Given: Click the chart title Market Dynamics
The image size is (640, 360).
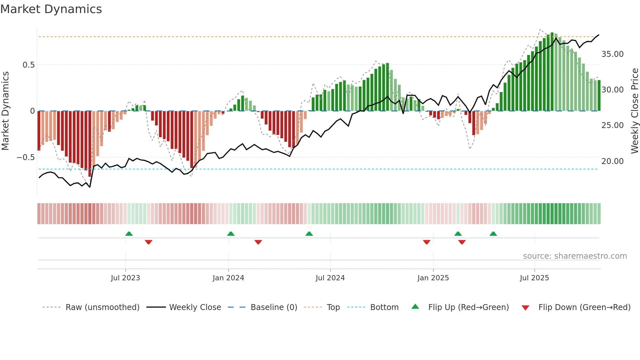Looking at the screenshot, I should [x=51, y=9].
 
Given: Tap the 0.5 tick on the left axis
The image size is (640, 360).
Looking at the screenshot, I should [x=28, y=65].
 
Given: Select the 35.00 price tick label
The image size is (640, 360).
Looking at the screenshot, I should [x=612, y=54].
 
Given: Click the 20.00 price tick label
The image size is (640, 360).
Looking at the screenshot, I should [x=612, y=161].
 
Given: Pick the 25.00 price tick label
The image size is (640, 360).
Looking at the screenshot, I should [x=612, y=125].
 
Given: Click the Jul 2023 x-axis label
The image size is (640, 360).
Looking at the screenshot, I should [x=125, y=278].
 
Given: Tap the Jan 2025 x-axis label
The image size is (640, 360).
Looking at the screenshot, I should [x=433, y=278].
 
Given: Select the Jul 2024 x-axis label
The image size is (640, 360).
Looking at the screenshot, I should [x=330, y=278].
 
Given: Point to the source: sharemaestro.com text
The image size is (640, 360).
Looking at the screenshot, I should [x=575, y=256].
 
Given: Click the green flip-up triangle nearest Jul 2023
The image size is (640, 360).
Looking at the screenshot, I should [x=129, y=234].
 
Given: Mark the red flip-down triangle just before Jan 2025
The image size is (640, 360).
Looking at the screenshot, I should [x=426, y=242].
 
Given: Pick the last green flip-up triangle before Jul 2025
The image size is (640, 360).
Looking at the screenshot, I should [x=493, y=234].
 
